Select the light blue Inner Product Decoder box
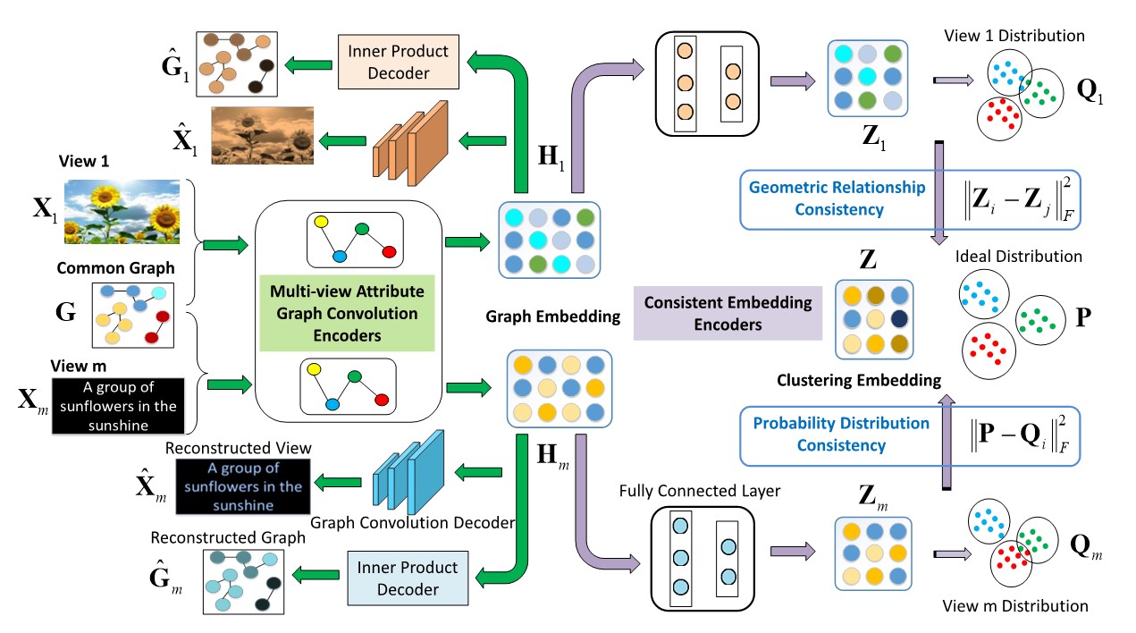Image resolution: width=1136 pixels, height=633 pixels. point(408,579)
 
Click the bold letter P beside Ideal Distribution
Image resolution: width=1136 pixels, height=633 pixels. point(1083,318)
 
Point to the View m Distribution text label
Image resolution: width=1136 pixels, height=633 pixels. point(1015,606)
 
